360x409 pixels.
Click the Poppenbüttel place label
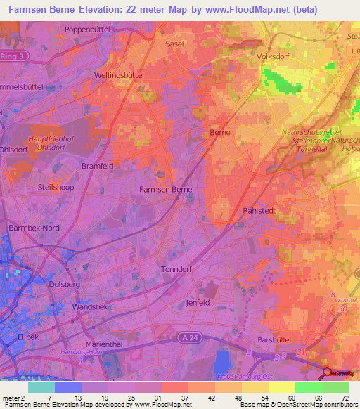tap(89, 29)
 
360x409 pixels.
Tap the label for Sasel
tap(174, 44)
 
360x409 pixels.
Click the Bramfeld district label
tap(97, 165)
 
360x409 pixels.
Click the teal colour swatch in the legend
tap(41, 387)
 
